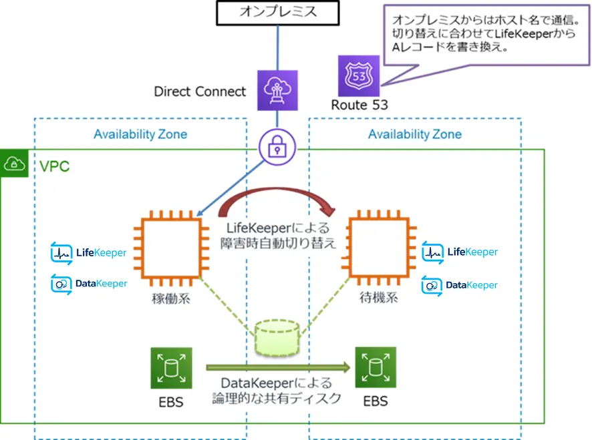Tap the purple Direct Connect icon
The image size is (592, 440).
tap(275, 91)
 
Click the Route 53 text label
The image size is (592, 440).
tap(359, 105)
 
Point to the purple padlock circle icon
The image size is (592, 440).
tap(276, 148)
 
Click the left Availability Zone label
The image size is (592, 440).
tap(140, 134)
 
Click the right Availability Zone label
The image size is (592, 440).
tap(415, 134)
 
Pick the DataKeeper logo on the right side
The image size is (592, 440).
tap(460, 285)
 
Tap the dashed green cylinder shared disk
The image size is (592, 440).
tap(276, 336)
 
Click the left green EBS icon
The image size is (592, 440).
tap(171, 368)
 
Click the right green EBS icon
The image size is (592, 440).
tap(376, 368)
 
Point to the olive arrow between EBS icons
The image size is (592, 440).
tap(278, 366)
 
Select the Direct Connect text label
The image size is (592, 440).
tap(200, 91)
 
